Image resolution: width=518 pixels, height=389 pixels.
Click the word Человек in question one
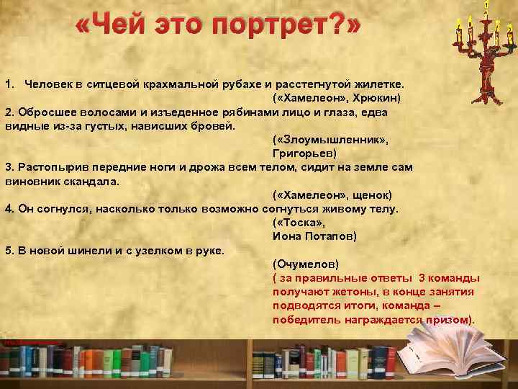click(x=47, y=84)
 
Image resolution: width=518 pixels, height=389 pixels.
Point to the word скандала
click(x=94, y=182)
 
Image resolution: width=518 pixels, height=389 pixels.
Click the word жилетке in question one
click(x=381, y=84)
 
